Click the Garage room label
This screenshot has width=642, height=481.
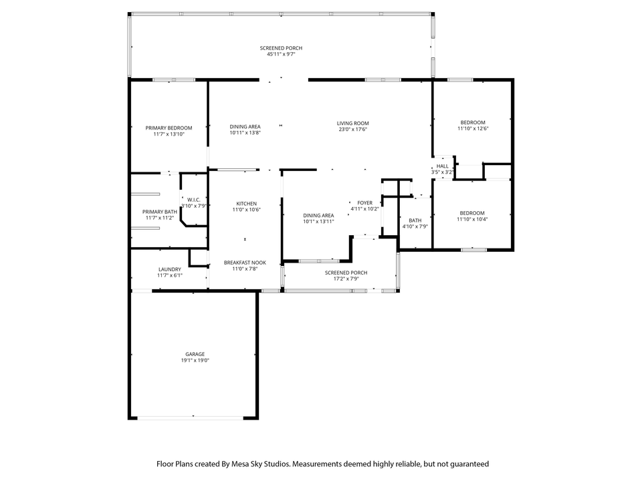click(195, 354)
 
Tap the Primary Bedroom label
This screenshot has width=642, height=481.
click(169, 128)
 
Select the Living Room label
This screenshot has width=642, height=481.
click(353, 123)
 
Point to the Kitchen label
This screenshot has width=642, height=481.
click(247, 204)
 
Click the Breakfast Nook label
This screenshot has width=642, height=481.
click(245, 263)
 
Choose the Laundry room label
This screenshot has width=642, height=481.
click(170, 269)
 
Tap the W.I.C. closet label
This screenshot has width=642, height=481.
click(194, 200)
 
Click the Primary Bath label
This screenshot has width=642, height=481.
click(160, 212)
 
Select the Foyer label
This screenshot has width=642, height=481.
click(365, 203)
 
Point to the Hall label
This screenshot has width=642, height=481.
click(442, 166)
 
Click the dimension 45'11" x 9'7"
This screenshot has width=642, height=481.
click(282, 54)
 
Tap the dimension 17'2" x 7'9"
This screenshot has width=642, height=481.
click(346, 279)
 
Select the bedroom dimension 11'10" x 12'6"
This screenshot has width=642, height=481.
click(473, 128)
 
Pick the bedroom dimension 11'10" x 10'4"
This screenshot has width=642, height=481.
click(472, 219)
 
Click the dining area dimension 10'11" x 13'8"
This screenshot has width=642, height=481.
click(245, 132)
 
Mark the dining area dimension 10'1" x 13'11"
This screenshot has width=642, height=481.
click(318, 222)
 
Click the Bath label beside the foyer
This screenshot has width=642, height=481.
click(415, 220)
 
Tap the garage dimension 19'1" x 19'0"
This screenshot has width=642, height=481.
click(195, 360)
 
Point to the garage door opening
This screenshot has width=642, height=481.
click(191, 418)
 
